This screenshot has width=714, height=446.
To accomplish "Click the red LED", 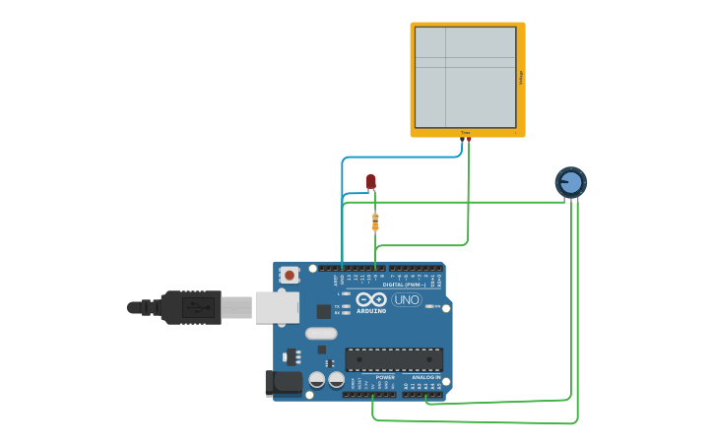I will coord(370,181).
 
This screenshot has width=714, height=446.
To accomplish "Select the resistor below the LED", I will coord(375,222).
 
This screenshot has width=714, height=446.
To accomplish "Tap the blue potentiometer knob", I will coord(570,182).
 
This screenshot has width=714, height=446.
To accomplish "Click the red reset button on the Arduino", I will coord(289,276).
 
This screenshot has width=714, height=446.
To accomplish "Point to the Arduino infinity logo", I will coord(371,299).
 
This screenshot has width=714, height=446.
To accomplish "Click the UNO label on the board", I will coord(407,299).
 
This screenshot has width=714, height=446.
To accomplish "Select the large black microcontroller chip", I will coord(394,359).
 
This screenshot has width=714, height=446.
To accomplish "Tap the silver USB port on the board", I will coord(276,307).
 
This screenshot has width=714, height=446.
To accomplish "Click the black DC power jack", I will coord(285,383).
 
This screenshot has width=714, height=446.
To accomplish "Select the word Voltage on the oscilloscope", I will coord(521,77).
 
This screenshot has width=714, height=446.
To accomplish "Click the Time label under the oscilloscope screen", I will coord(466,132).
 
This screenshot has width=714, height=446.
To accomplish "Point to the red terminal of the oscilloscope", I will coord(469,140).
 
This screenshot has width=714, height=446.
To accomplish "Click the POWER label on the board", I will coord(385,376).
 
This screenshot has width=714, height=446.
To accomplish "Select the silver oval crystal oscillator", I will coord(321,333).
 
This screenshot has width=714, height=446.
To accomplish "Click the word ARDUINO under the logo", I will coord(371,310).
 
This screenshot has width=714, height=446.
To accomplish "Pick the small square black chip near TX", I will coord(323,311).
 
